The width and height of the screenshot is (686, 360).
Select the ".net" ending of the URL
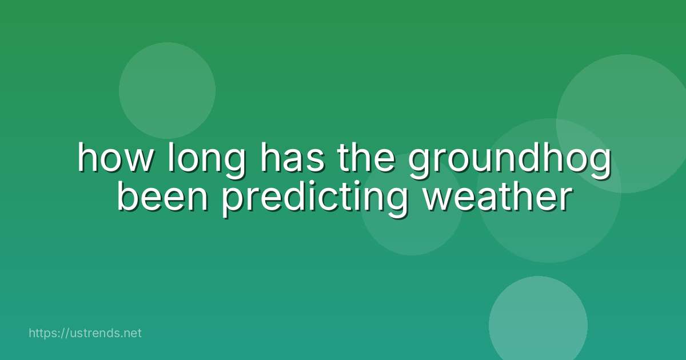coord(131,333)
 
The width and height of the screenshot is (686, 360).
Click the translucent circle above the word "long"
coord(167,90)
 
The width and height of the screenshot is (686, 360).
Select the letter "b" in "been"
coord(127,196)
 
